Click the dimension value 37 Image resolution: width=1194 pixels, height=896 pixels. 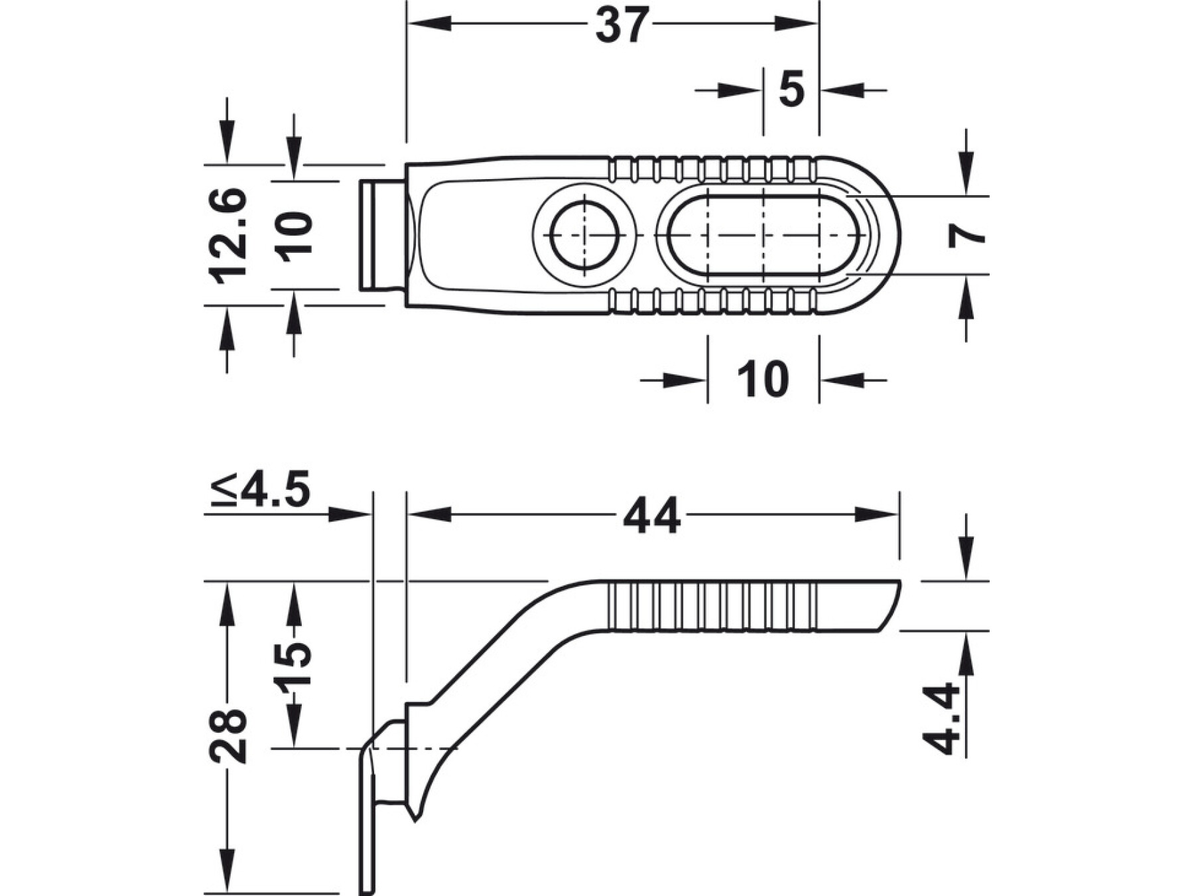[622, 25]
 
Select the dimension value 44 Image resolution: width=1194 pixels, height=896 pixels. [652, 516]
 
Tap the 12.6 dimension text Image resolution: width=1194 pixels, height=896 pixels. [228, 236]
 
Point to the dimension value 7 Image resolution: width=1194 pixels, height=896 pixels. [966, 235]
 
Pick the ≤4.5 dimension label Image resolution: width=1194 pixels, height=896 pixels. [260, 491]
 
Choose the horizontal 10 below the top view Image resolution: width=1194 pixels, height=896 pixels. [763, 380]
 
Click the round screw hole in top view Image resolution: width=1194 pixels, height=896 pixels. [584, 236]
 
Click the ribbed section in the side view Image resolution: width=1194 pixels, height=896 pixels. [713, 606]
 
